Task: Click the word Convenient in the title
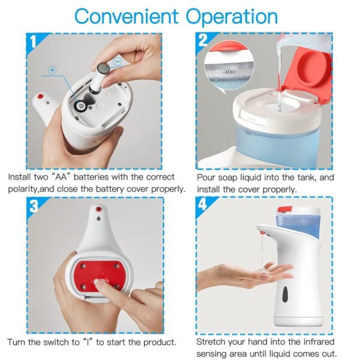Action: [x=127, y=16]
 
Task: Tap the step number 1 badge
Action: [x=34, y=42]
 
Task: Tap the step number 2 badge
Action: [x=203, y=41]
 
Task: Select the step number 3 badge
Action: [x=34, y=206]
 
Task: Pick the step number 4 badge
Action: [x=203, y=204]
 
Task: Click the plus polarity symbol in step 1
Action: [x=52, y=70]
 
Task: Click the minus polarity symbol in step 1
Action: [x=118, y=62]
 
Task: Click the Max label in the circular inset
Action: [x=230, y=72]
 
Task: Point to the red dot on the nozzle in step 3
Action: [x=98, y=209]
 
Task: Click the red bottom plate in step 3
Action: [x=100, y=275]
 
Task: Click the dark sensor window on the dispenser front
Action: [x=285, y=295]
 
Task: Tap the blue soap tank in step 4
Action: [x=298, y=224]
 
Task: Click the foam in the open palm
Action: [x=262, y=270]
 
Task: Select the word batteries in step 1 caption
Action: [x=91, y=177]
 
